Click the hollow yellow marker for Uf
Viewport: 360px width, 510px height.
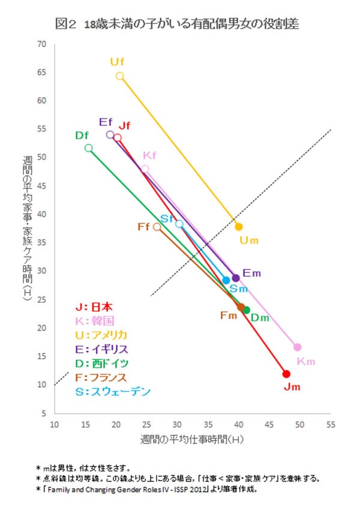tap(120, 76)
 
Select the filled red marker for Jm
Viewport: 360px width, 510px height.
tap(286, 374)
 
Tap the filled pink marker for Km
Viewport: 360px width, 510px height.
tap(298, 347)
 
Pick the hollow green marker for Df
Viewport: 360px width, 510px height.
tap(89, 148)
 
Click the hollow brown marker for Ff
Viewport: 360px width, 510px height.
tap(157, 227)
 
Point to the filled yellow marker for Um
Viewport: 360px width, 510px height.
tap(239, 227)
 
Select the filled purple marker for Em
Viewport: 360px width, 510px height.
tap(236, 278)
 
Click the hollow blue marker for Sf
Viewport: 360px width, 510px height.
tap(179, 224)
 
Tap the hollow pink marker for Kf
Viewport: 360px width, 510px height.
tap(145, 169)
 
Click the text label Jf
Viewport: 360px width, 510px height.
tap(124, 125)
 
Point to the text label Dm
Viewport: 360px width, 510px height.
tap(259, 317)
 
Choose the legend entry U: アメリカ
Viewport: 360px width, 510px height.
tap(99, 334)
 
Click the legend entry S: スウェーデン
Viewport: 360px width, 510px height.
tap(109, 392)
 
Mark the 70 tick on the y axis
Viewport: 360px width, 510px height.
tap(42, 44)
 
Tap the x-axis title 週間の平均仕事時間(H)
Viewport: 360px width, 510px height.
tap(192, 439)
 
